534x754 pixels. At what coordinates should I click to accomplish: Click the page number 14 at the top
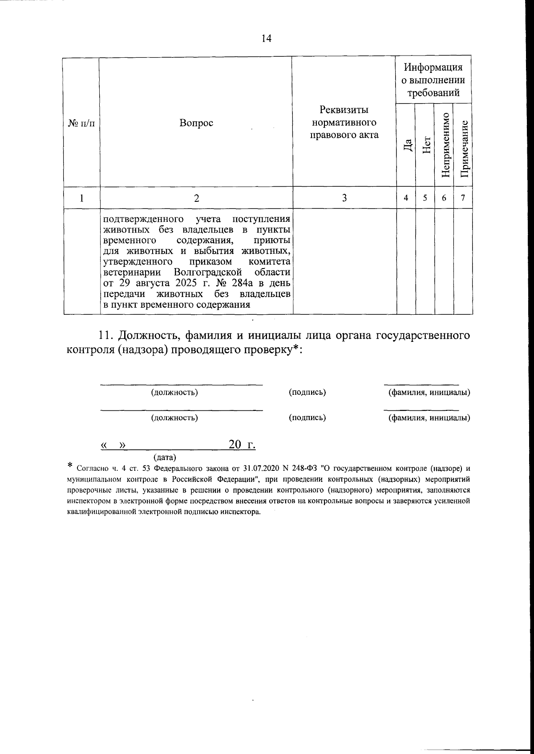(266, 39)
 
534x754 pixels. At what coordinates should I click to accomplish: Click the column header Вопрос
(196, 123)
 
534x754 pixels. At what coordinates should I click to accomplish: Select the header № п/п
(81, 123)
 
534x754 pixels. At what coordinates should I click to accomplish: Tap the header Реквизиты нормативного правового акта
(344, 122)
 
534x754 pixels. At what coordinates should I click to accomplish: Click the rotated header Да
(406, 145)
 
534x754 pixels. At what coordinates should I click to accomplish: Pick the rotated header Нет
(425, 145)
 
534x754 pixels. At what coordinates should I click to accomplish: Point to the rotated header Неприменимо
(445, 145)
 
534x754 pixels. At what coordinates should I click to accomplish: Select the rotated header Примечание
(463, 148)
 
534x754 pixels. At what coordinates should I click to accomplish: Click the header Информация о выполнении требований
(433, 80)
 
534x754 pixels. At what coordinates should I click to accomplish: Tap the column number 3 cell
(344, 198)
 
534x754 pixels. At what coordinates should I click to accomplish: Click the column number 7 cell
(463, 198)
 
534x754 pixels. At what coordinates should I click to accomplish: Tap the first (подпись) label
(307, 393)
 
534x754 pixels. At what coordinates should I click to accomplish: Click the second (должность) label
(174, 418)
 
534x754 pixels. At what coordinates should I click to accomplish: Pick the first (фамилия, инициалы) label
(429, 393)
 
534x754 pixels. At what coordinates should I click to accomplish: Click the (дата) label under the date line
(165, 457)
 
